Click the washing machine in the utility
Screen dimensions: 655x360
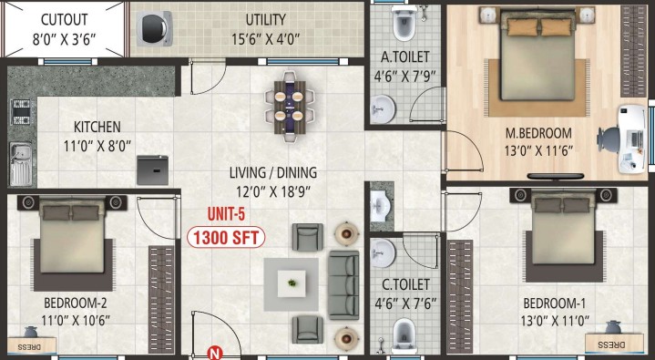(154, 28)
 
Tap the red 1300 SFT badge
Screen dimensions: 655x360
(226, 238)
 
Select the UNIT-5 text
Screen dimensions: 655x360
(226, 214)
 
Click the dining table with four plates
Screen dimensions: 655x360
(289, 107)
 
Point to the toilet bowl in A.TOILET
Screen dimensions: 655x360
(404, 24)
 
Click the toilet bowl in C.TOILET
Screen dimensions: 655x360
(404, 334)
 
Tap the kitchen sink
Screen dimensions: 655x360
(21, 164)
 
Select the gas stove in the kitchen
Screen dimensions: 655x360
(20, 111)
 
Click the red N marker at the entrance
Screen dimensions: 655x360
(214, 354)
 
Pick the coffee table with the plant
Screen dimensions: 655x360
(292, 284)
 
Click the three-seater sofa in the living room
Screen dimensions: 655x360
(343, 284)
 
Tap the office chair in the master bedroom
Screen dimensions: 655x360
(609, 139)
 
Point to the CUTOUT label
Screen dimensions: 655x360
(65, 20)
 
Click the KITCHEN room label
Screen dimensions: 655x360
(97, 127)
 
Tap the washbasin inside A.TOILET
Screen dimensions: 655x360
(383, 109)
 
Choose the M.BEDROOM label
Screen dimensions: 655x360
(538, 133)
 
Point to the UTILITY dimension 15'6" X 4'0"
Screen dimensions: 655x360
(266, 39)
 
